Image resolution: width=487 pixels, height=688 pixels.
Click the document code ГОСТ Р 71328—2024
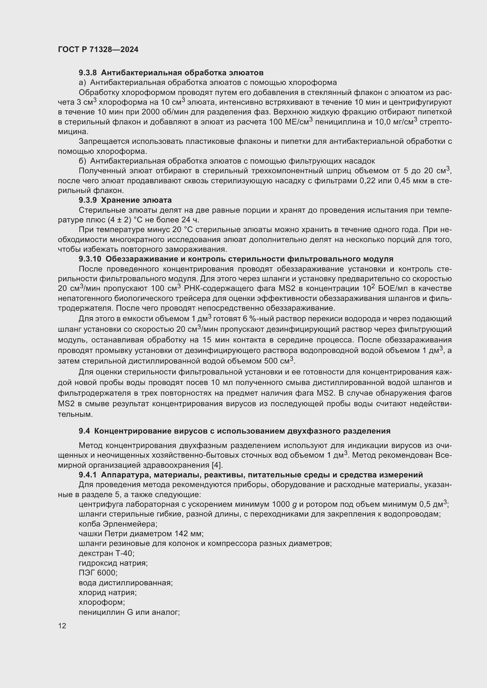tap(98, 49)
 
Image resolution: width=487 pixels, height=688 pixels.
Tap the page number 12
tap(62, 626)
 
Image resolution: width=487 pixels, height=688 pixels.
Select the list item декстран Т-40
tap(106, 553)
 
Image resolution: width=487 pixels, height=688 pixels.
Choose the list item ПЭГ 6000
tap(98, 573)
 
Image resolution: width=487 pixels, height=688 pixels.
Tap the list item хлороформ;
tap(102, 602)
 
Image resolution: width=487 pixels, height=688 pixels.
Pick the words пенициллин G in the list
tap(106, 612)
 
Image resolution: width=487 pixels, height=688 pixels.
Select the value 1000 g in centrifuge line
tap(284, 504)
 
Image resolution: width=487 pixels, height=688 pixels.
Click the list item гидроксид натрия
tap(113, 563)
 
